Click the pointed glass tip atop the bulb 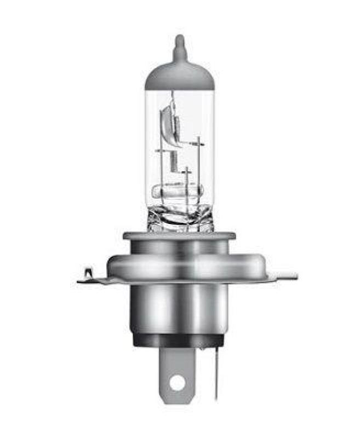(179, 43)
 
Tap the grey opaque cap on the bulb (179, 77)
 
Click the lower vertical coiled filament (174, 162)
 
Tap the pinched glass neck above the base (179, 217)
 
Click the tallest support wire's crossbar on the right (199, 144)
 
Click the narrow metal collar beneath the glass (179, 237)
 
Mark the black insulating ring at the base (179, 341)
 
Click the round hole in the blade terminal (177, 383)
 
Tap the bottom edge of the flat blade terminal (177, 402)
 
